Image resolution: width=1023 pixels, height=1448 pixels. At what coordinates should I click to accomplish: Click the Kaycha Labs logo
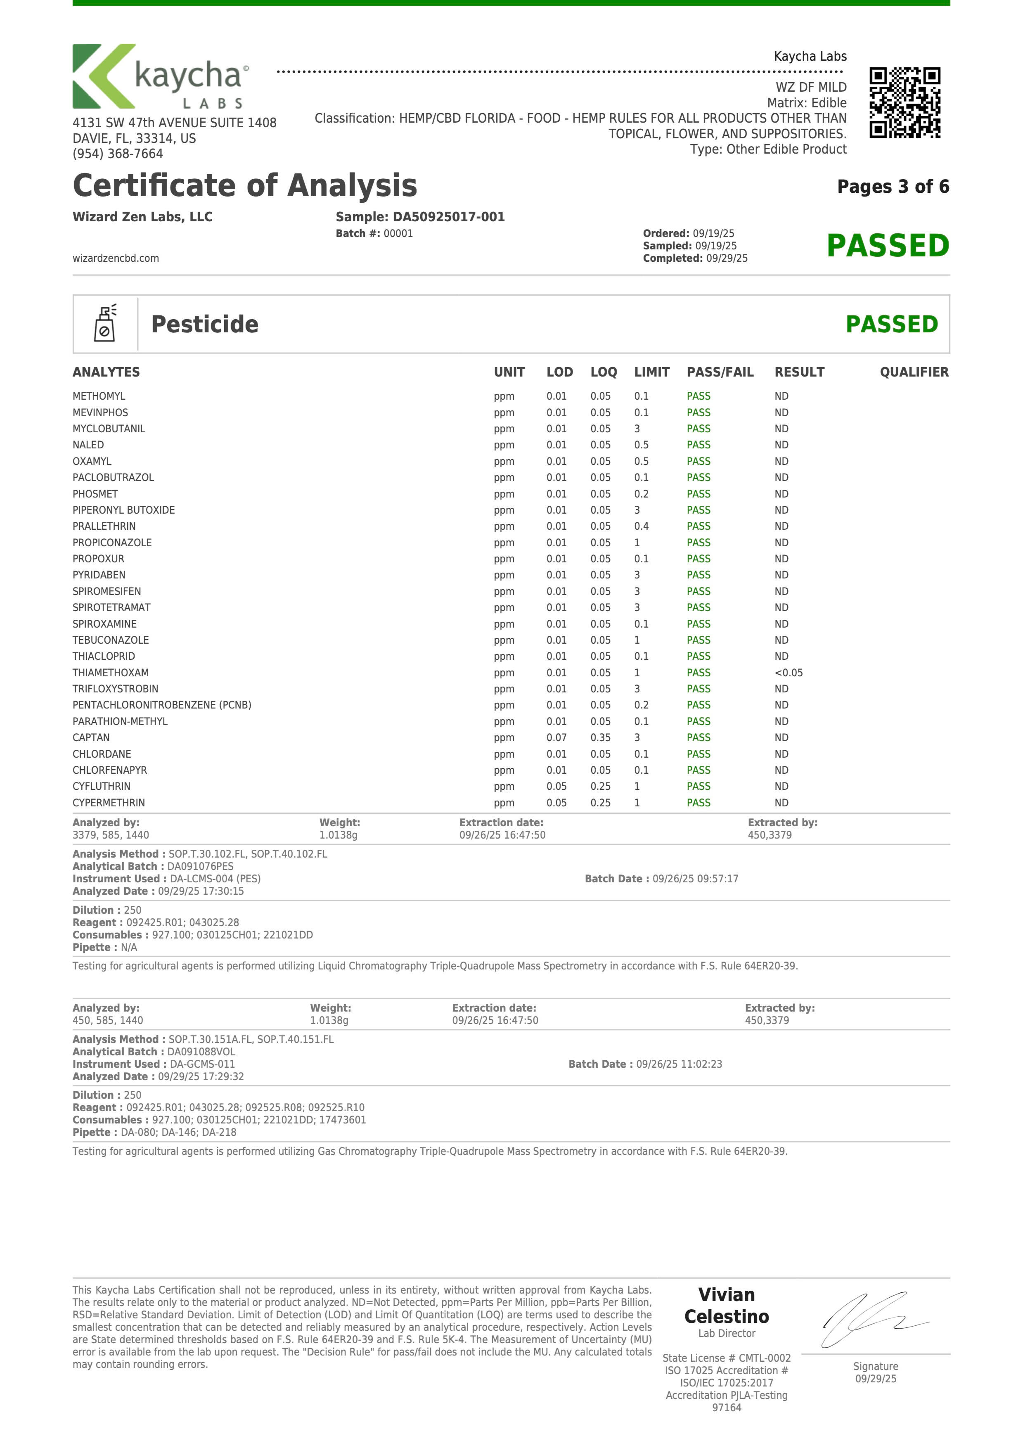(x=161, y=76)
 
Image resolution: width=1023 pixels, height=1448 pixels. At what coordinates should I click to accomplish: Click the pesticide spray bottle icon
(x=105, y=324)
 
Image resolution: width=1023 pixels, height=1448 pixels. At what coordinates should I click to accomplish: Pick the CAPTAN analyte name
(x=91, y=737)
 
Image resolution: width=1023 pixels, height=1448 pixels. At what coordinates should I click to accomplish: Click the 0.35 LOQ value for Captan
(x=600, y=737)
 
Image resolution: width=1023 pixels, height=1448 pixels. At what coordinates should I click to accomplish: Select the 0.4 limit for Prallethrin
(x=642, y=526)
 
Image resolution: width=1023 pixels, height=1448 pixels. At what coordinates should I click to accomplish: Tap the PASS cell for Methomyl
(x=698, y=396)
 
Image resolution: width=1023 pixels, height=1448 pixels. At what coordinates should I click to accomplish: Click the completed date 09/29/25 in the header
(x=727, y=258)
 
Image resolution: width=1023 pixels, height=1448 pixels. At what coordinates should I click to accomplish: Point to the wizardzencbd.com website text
(x=116, y=258)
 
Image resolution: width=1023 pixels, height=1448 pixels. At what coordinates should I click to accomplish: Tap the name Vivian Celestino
(x=727, y=1306)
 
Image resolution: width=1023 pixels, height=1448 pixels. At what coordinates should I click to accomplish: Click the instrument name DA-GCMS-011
(x=202, y=1064)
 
